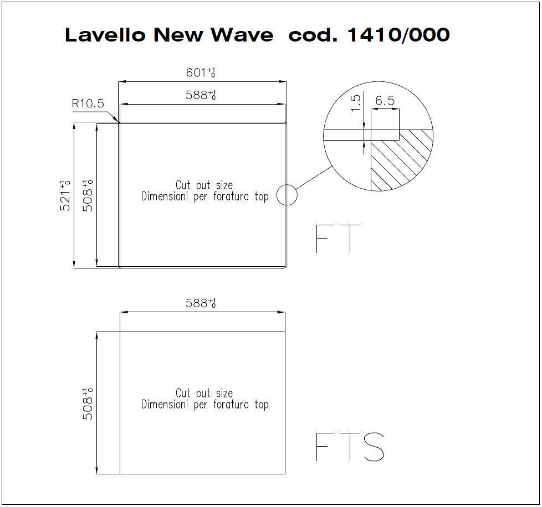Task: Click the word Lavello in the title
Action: point(105,35)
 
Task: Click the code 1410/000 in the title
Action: point(398,35)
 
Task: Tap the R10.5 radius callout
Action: point(88,103)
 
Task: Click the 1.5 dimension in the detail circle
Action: point(356,103)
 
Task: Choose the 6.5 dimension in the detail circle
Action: point(385,100)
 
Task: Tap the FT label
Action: point(338,239)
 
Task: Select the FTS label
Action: point(350,447)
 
